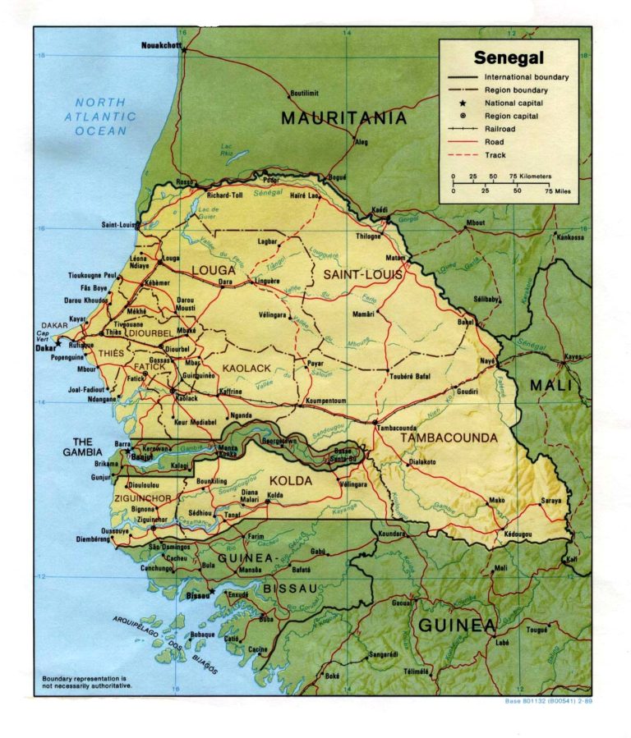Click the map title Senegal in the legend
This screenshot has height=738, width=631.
coord(508,58)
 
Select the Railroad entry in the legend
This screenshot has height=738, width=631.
coord(500,129)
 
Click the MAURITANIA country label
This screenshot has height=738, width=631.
coord(344,118)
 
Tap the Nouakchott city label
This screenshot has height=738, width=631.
coord(161,44)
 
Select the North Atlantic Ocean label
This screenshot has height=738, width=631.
coord(101,117)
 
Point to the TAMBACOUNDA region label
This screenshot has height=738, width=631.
coord(449,438)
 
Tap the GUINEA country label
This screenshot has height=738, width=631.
coord(457,626)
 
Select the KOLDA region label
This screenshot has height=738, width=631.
coord(291,480)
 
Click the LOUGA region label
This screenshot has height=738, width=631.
coord(213,269)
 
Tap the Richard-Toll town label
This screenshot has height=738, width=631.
coord(224,195)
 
